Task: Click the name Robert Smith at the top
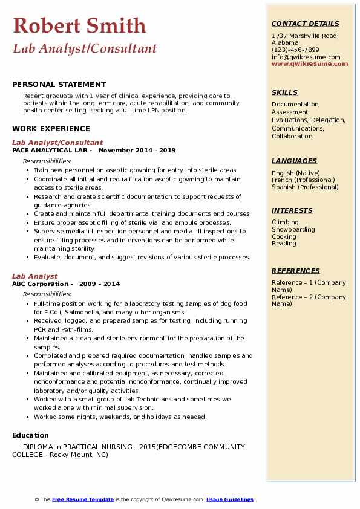pos(79,26)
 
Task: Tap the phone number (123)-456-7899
pos(295,50)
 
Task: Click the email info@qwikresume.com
pos(306,57)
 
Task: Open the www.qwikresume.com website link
pos(310,63)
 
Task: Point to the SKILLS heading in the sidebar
pos(284,92)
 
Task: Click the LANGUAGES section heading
pos(294,161)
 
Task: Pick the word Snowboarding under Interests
pos(293,229)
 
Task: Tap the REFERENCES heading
pos(296,271)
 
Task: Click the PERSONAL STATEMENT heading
pos(59,85)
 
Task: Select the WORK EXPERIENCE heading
pos(51,128)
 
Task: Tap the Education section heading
pos(30,435)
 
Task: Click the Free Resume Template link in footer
pos(83,499)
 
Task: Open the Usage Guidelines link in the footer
pos(229,499)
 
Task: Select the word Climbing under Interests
pos(285,222)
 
